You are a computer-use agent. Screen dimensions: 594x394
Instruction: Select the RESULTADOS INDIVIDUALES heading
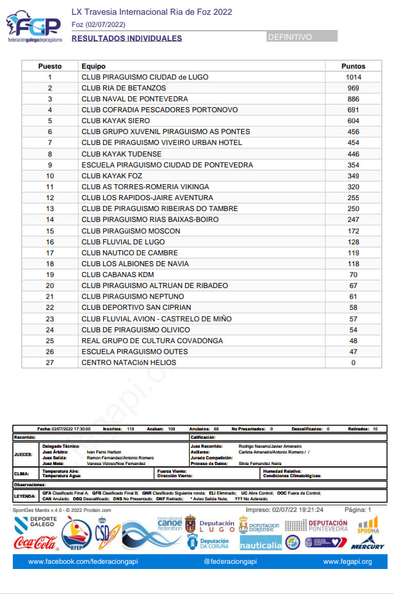pyautogui.click(x=126, y=38)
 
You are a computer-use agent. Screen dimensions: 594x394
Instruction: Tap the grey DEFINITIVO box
pyautogui.click(x=302, y=37)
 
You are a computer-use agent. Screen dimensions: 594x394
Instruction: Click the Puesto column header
pyautogui.click(x=50, y=66)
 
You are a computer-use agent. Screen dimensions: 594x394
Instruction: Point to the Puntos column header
pyautogui.click(x=354, y=66)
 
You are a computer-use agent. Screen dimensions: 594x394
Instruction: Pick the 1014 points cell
pyautogui.click(x=354, y=77)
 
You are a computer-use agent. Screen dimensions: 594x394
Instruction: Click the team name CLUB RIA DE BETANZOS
pyautogui.click(x=124, y=88)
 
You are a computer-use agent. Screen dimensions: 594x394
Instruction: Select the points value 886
pyautogui.click(x=354, y=99)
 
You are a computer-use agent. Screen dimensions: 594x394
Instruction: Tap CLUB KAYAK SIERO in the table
pyautogui.click(x=115, y=121)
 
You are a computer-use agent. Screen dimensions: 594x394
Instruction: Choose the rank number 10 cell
pyautogui.click(x=50, y=176)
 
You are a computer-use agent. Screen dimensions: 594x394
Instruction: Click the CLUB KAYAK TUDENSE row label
pyautogui.click(x=121, y=154)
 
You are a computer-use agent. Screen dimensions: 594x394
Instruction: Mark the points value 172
pyautogui.click(x=354, y=231)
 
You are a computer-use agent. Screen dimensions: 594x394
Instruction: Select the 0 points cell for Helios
pyautogui.click(x=354, y=362)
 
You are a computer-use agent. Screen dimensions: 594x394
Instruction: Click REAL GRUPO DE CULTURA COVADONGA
pyautogui.click(x=152, y=341)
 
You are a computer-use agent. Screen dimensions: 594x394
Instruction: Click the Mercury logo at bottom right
pyautogui.click(x=367, y=545)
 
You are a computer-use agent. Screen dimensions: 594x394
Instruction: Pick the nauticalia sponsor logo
pyautogui.click(x=260, y=544)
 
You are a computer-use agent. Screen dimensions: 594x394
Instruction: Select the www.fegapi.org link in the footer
pyautogui.click(x=347, y=562)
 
